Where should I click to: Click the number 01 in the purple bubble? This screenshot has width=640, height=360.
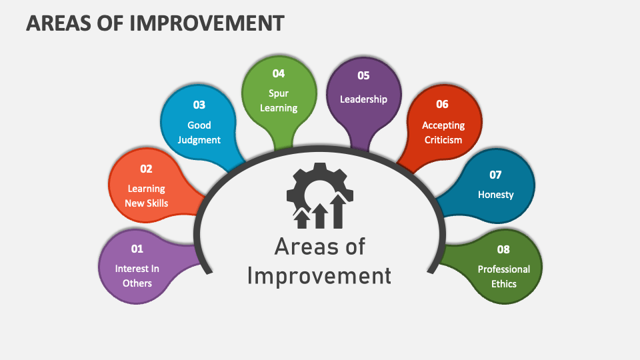click(x=137, y=249)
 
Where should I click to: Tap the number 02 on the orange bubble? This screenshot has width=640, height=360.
click(x=146, y=169)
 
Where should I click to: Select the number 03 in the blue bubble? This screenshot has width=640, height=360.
click(x=199, y=105)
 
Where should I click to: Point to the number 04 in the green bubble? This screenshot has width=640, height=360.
click(x=278, y=73)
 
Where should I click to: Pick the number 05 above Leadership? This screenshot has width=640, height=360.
click(x=363, y=75)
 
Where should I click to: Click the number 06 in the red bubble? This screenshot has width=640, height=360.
click(x=443, y=104)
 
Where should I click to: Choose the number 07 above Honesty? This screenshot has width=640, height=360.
click(x=495, y=175)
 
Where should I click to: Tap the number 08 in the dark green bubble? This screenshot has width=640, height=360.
click(x=503, y=249)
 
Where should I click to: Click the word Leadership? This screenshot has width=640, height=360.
click(x=363, y=99)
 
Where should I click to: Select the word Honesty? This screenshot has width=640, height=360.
click(x=496, y=195)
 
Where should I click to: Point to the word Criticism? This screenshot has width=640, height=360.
click(x=442, y=140)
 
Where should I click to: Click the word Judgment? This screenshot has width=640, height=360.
click(x=199, y=140)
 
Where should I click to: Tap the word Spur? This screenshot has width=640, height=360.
click(x=279, y=93)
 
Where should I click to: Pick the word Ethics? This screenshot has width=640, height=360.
click(x=503, y=283)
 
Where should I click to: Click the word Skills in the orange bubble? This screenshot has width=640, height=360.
click(x=157, y=203)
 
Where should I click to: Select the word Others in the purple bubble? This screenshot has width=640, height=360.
click(x=137, y=283)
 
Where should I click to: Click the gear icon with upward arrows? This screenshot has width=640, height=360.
click(x=319, y=193)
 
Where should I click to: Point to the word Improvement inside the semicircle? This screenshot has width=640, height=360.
click(x=319, y=275)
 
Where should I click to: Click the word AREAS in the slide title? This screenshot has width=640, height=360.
click(x=59, y=23)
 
